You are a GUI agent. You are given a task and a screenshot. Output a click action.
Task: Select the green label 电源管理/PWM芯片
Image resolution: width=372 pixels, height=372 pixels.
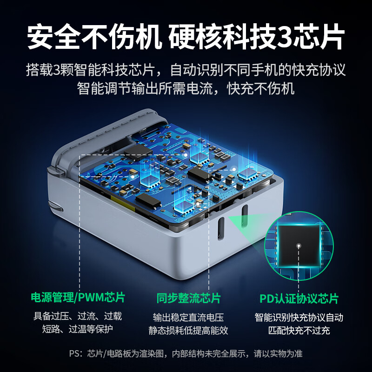click(78, 297)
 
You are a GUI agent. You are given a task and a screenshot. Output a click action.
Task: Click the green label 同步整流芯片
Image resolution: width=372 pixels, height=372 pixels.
click(188, 298)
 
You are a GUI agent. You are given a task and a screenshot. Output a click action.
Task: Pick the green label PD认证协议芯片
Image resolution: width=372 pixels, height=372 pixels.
click(299, 298)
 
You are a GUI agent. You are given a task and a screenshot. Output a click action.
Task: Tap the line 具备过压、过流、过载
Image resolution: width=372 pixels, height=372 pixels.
click(78, 317)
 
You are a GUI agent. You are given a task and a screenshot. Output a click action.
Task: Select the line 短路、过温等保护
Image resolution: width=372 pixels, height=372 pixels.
click(78, 329)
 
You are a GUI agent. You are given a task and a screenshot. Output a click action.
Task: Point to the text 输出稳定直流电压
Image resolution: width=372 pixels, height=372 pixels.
click(188, 318)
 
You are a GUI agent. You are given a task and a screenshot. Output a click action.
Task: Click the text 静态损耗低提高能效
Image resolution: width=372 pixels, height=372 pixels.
click(188, 331)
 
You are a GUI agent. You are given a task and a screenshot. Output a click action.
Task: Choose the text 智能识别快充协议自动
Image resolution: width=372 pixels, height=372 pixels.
click(299, 318)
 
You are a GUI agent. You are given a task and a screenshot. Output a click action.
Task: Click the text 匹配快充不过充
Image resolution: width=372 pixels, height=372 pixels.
click(299, 331)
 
